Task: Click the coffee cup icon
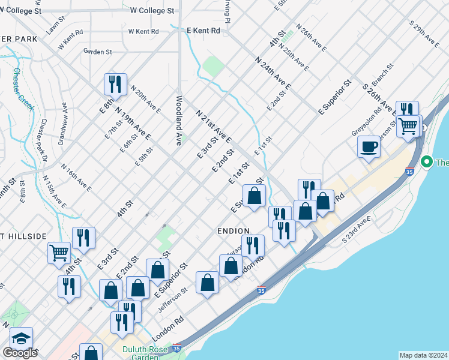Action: [369, 146]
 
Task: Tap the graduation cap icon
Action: [21, 338]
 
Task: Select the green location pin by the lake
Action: [427, 161]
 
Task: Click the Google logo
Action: [20, 353]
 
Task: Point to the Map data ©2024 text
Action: [423, 355]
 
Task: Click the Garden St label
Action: [98, 52]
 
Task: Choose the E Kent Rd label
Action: [203, 30]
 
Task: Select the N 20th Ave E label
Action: [145, 101]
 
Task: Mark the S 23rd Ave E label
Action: [354, 230]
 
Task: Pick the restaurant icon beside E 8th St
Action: [114, 84]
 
